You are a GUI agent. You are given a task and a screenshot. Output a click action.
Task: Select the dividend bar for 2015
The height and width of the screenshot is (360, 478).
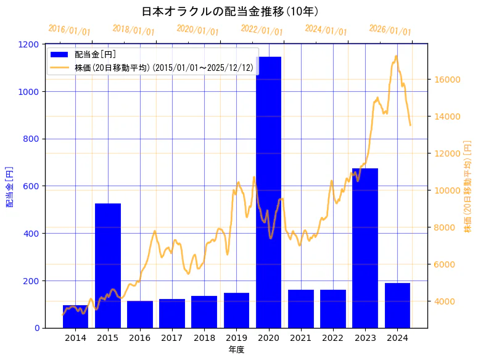(108, 265)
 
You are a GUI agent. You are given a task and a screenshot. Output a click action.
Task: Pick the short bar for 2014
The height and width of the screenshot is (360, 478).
(75, 317)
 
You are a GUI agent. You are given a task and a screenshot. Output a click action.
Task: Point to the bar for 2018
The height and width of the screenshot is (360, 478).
(204, 312)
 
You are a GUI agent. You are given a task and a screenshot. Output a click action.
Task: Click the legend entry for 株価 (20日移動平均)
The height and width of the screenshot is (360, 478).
(163, 67)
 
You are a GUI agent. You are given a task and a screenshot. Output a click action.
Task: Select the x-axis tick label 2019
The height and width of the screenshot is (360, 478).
(236, 338)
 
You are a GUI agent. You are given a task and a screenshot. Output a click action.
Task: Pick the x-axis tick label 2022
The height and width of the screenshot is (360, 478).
(332, 338)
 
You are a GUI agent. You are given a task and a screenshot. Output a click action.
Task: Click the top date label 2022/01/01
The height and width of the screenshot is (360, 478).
(262, 30)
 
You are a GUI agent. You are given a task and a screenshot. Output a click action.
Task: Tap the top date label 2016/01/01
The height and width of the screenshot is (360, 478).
(70, 30)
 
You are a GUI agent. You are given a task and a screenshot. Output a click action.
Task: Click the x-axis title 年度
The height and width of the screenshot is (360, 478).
(236, 350)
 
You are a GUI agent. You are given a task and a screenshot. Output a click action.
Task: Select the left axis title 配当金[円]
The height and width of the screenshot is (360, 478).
(10, 186)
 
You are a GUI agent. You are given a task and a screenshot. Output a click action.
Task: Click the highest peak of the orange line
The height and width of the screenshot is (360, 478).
(396, 57)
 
